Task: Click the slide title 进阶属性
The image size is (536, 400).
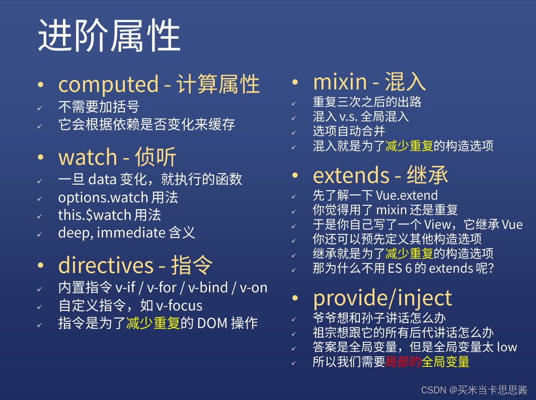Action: click(109, 35)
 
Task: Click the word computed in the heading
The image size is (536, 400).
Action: click(108, 85)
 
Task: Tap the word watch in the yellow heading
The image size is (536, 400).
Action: click(88, 157)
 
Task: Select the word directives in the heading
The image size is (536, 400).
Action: click(106, 265)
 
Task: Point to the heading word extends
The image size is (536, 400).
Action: click(351, 175)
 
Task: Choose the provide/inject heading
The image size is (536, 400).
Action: click(382, 298)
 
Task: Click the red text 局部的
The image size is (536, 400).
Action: click(403, 362)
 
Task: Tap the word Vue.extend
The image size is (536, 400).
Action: click(407, 195)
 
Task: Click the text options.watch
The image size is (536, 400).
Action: click(103, 198)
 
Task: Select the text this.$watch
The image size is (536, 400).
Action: click(95, 215)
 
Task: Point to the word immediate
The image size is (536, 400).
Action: click(131, 232)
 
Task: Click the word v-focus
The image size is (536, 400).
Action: click(179, 305)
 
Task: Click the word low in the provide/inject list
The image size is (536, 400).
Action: click(507, 347)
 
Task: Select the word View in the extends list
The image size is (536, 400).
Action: click(437, 224)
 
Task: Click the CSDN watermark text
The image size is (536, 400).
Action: click(474, 390)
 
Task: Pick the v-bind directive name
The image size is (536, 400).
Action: click(208, 287)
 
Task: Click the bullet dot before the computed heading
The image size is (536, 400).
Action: click(41, 85)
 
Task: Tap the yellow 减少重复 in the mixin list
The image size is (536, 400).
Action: click(409, 146)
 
